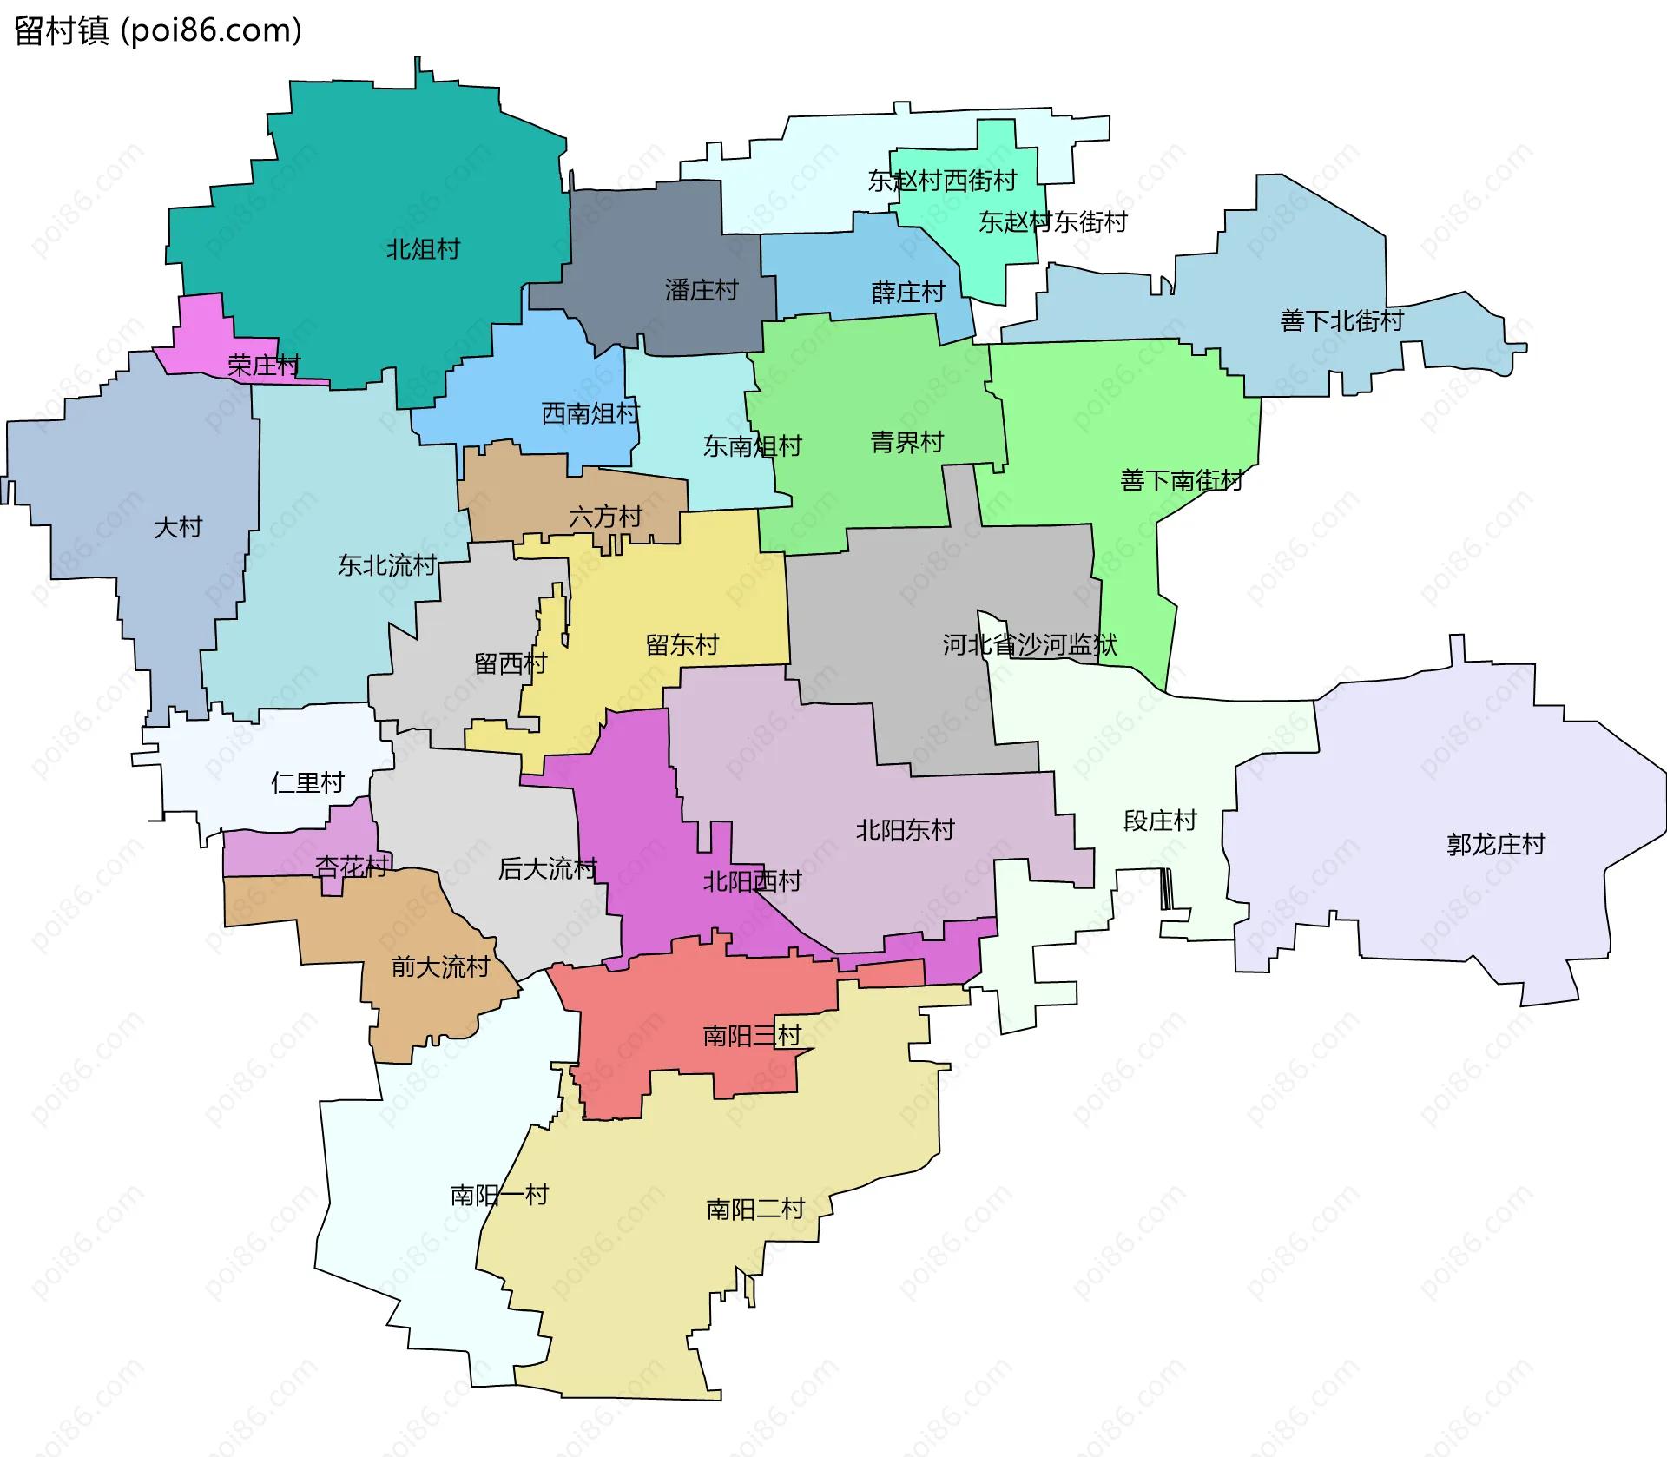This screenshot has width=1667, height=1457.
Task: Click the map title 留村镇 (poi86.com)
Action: click(x=158, y=30)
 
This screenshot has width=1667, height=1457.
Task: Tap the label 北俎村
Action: click(x=423, y=249)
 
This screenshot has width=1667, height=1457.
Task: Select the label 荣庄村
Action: click(x=264, y=366)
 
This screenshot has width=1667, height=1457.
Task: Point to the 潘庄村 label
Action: click(x=702, y=290)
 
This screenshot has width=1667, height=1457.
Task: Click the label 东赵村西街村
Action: click(x=942, y=181)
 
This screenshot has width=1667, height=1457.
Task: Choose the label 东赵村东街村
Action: click(x=1052, y=222)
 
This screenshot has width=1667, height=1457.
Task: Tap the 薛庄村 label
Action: click(x=908, y=292)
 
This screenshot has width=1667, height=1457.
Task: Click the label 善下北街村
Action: click(x=1341, y=320)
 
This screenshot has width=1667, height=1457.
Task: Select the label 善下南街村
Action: click(x=1181, y=480)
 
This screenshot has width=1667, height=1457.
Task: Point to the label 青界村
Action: click(x=907, y=443)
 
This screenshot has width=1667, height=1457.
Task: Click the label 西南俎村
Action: click(x=590, y=413)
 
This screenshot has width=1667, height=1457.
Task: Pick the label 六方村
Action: click(x=605, y=518)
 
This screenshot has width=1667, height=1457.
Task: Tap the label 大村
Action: click(x=178, y=527)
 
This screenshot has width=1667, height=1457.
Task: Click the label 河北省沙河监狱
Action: click(x=1030, y=644)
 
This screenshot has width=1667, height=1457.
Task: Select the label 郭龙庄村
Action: click(x=1496, y=844)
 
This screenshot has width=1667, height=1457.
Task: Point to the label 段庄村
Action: click(x=1160, y=821)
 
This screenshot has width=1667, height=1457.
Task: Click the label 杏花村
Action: click(x=351, y=867)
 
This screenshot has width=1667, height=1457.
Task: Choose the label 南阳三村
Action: click(x=752, y=1036)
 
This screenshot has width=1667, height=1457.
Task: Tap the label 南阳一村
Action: click(x=499, y=1196)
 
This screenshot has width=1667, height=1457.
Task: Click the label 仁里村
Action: click(x=308, y=783)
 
